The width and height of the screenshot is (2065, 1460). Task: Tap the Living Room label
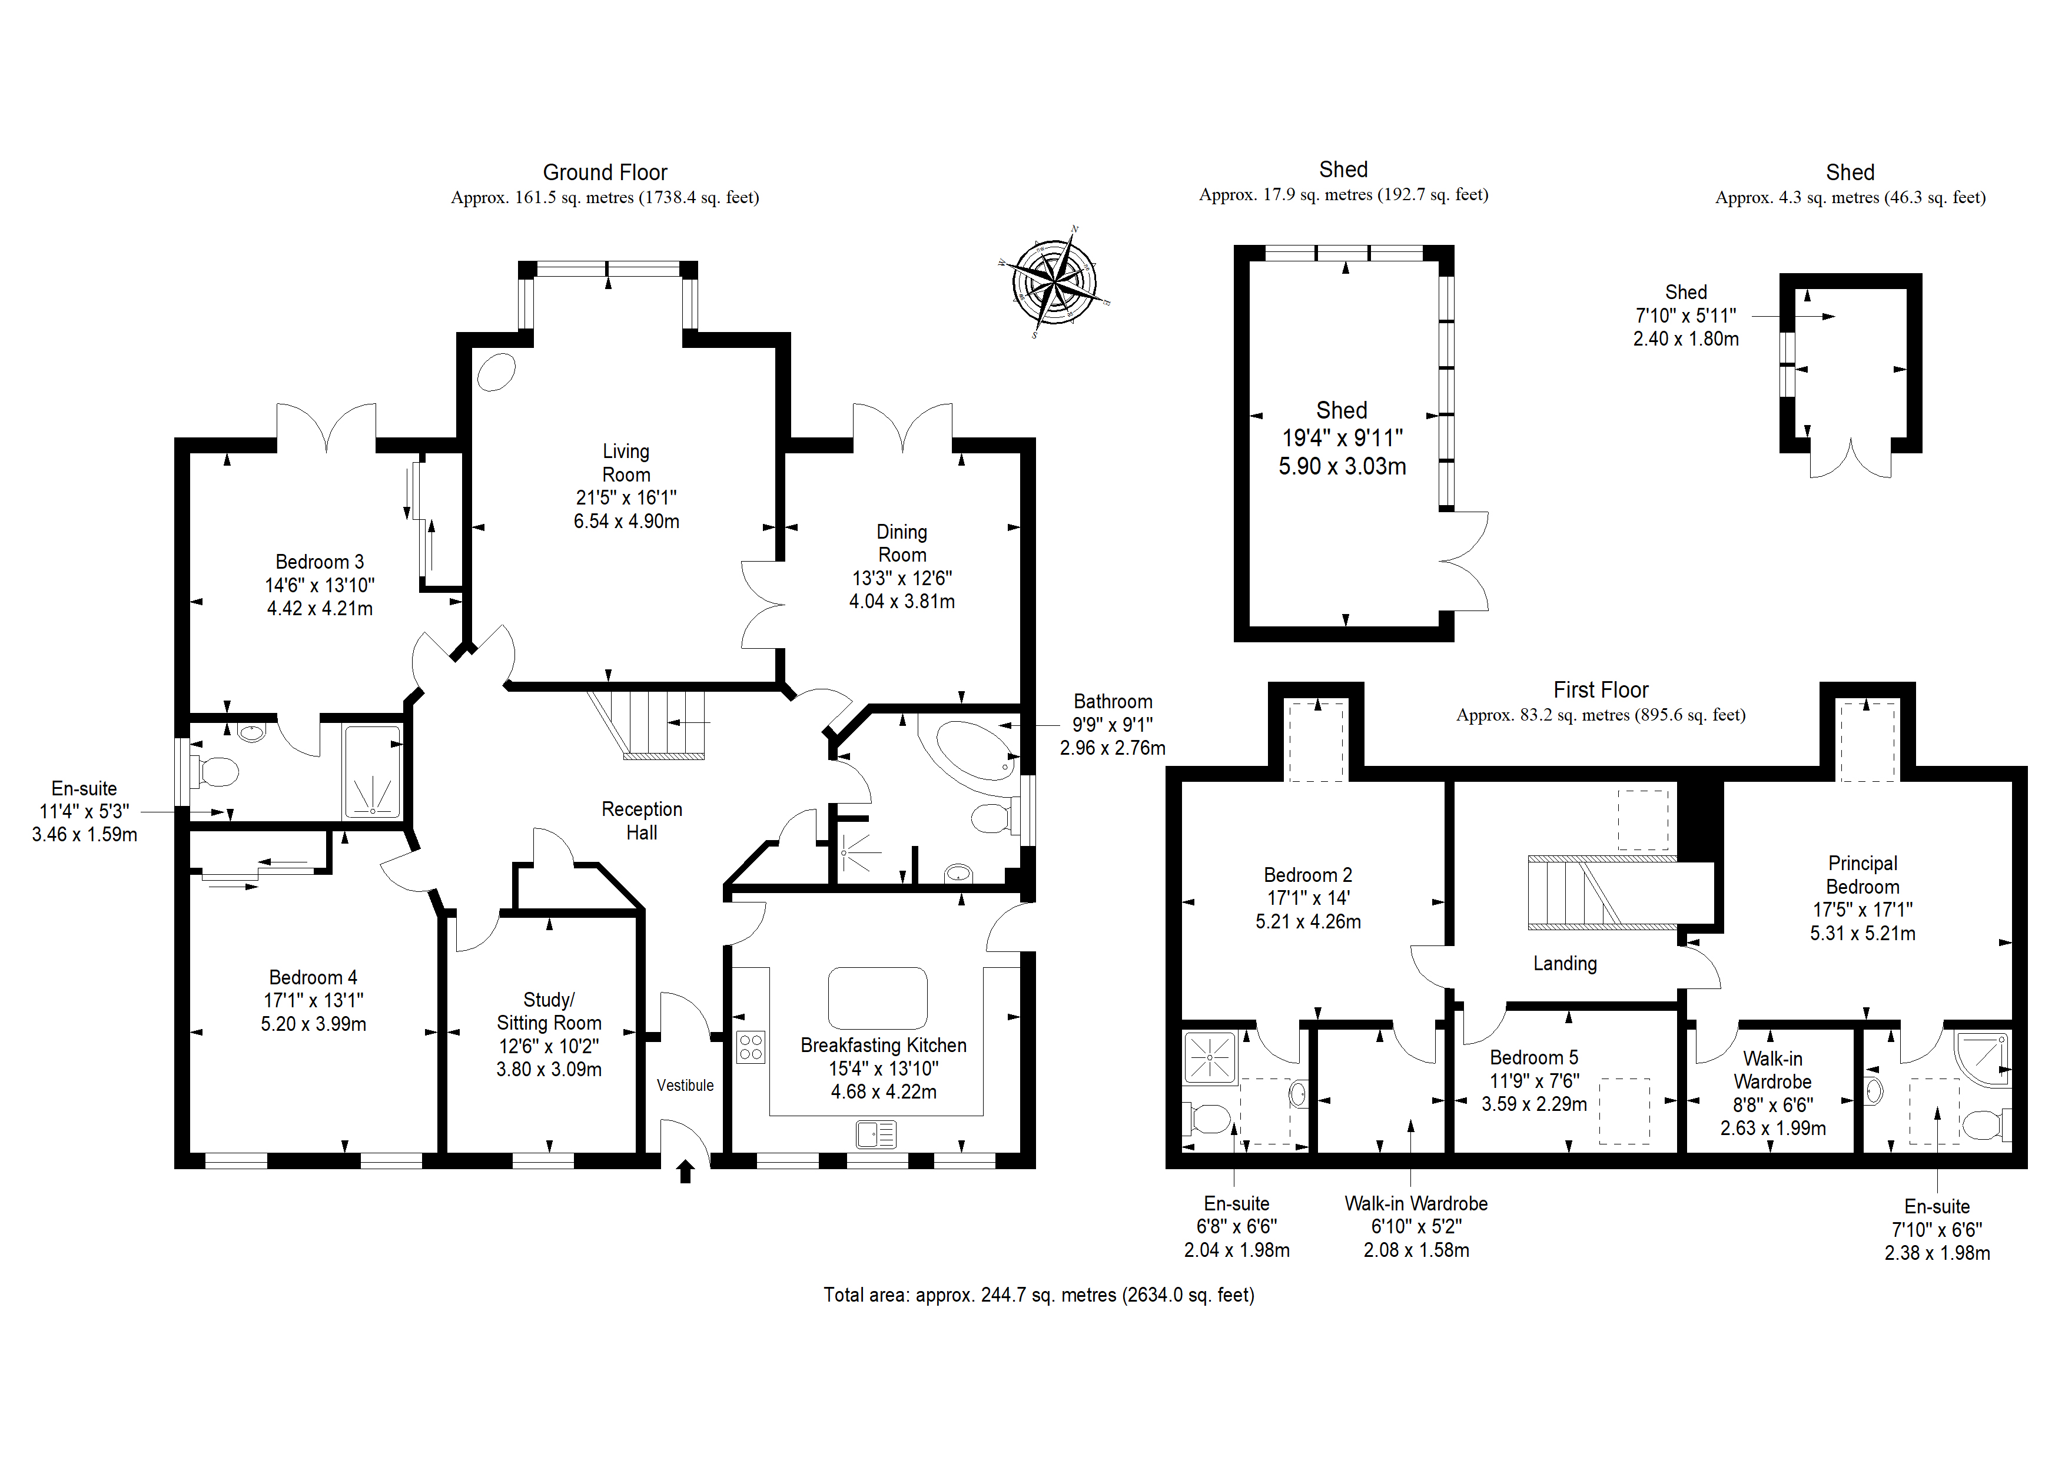point(626,462)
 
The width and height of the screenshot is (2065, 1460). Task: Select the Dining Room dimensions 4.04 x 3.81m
point(902,601)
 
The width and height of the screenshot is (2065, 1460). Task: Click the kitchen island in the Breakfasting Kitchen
point(878,998)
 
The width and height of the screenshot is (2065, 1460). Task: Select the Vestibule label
point(685,1086)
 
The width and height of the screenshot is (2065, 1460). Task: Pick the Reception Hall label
point(642,821)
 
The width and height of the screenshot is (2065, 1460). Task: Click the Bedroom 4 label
point(313,977)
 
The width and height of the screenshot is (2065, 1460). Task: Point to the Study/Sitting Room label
point(549,1011)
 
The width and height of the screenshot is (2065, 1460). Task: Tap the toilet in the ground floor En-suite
point(216,772)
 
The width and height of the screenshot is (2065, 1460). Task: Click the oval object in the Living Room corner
point(496,371)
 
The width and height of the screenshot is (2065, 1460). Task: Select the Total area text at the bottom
point(1039,1295)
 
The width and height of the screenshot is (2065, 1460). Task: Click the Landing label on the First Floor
point(1565,964)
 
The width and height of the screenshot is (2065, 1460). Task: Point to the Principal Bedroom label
point(1863,874)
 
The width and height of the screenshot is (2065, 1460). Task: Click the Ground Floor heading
point(605,172)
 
